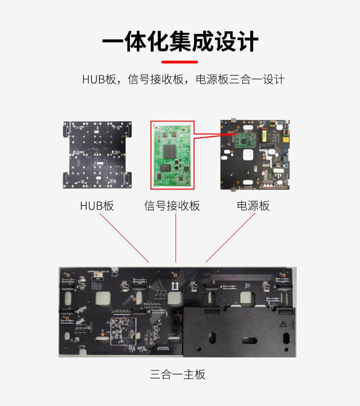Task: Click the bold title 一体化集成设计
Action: point(180,41)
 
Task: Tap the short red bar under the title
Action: point(180,62)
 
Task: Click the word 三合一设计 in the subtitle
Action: point(257,79)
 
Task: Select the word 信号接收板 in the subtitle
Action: point(156,79)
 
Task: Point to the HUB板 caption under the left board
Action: point(97,206)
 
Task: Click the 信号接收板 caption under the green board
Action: point(172,206)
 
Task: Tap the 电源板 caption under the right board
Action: point(253,206)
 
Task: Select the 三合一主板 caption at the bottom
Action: point(178,374)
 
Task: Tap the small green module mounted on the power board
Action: point(245,140)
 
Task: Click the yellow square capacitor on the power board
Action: point(286,139)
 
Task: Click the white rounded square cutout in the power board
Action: point(248,155)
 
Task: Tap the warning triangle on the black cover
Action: point(283,324)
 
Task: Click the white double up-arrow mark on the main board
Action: point(175,286)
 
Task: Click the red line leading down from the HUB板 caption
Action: point(124,238)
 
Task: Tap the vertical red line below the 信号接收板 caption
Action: point(176,238)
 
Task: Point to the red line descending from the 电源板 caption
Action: point(230,238)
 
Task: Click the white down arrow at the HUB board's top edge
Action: point(98,128)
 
